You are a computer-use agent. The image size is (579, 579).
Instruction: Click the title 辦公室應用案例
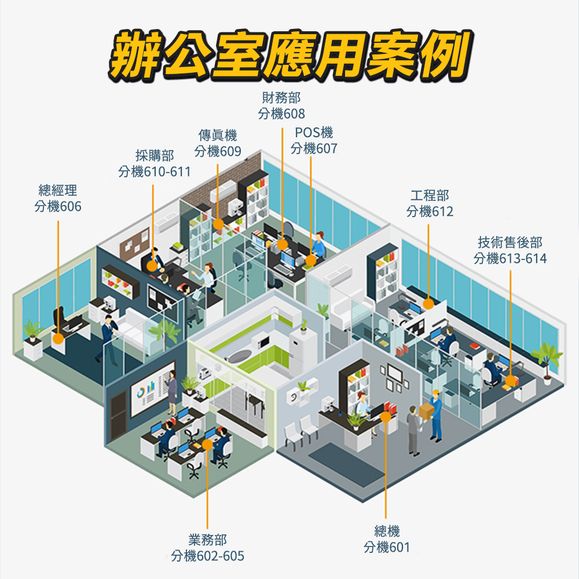coord(288,56)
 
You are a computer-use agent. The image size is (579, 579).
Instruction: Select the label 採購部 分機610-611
coord(154,163)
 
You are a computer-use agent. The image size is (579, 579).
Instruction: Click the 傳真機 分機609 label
coord(218,144)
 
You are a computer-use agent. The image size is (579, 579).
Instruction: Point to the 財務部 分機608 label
coord(281,105)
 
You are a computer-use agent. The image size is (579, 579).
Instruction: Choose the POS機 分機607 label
coord(314,141)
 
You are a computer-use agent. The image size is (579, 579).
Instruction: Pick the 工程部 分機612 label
coord(430,204)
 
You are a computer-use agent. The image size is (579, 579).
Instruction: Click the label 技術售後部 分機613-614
coord(510,250)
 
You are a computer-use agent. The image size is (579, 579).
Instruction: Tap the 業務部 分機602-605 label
coord(208,548)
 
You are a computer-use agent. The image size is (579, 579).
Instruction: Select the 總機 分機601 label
coord(387,539)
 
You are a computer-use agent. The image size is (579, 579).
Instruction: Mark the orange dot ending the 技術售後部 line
coord(510,380)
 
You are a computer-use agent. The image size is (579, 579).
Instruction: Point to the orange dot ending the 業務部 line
coord(207,445)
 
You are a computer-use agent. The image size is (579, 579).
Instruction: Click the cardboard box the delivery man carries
coord(426,411)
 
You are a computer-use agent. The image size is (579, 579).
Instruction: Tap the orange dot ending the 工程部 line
coord(428,303)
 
